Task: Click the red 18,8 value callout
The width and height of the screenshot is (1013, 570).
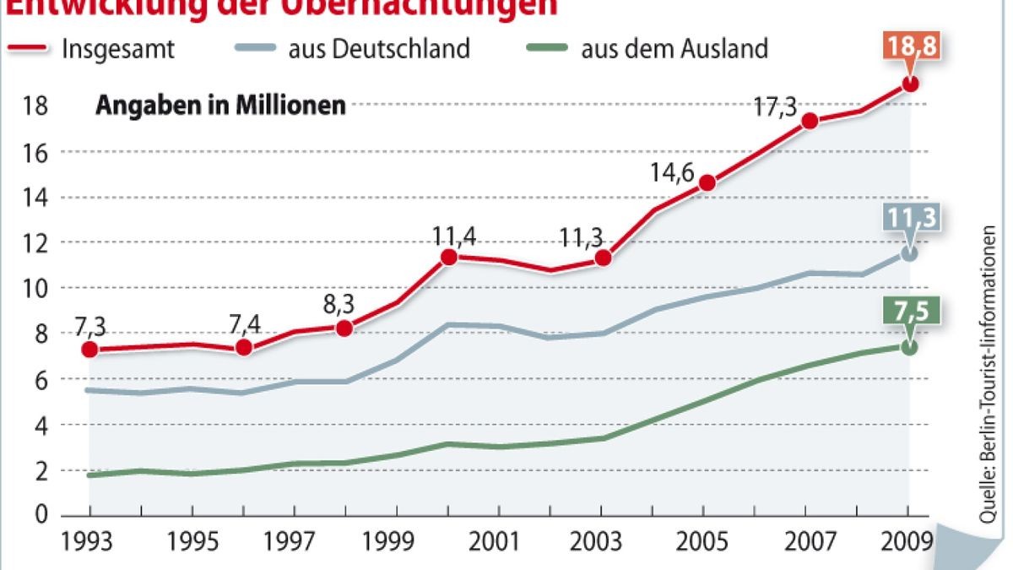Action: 910,46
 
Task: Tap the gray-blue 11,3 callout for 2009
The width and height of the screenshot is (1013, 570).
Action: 910,218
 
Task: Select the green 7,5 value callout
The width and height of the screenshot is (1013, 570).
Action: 910,312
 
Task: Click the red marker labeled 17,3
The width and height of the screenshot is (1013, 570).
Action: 810,121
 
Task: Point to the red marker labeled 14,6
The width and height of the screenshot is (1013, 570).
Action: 707,182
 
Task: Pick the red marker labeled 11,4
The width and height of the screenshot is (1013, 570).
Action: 449,257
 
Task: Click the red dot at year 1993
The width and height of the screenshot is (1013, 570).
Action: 89,349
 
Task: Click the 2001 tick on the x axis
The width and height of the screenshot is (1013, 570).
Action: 501,540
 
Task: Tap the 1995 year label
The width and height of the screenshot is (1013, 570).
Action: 192,540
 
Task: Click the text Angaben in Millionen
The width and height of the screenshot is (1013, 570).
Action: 220,106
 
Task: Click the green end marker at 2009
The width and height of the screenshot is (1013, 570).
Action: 909,347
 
